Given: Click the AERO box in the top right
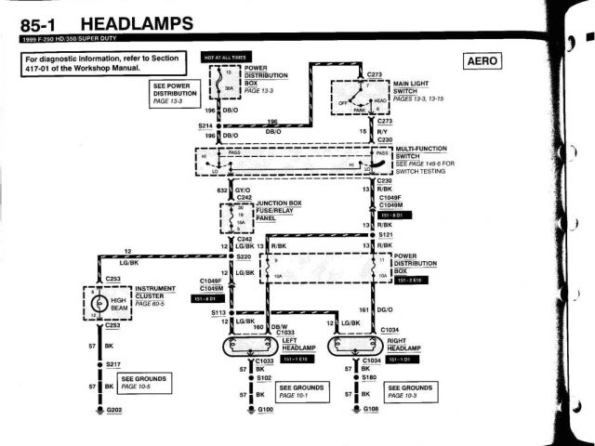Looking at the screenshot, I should (481, 61).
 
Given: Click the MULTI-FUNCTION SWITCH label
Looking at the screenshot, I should (421, 152).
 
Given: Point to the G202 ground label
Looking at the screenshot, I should (114, 410).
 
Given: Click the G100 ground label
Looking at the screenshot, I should (265, 410).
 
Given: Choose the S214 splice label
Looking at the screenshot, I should (206, 125).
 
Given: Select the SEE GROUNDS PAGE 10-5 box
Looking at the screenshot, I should (143, 383).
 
